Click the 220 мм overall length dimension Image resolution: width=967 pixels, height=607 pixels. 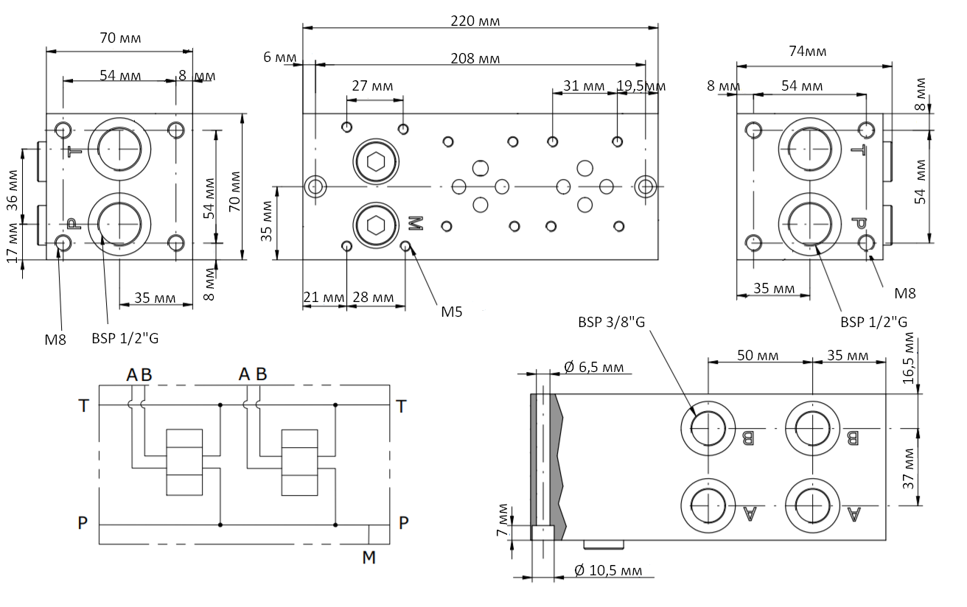[x=475, y=21]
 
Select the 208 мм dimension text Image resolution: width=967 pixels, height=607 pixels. [x=475, y=58]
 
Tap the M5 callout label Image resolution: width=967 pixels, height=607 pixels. [x=452, y=312]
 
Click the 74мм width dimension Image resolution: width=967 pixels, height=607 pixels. [x=807, y=51]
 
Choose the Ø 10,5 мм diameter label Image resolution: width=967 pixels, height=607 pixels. [x=607, y=570]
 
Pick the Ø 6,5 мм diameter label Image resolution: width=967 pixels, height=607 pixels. [x=598, y=366]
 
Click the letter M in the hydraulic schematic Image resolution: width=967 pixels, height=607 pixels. [x=369, y=558]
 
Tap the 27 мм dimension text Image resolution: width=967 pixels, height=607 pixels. [x=372, y=85]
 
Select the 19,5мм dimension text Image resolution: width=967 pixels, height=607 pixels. [x=641, y=86]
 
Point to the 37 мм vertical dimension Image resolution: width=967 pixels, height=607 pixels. [x=910, y=468]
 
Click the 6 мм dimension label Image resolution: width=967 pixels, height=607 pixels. [x=281, y=57]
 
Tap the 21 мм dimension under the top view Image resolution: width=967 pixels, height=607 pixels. [x=323, y=298]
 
